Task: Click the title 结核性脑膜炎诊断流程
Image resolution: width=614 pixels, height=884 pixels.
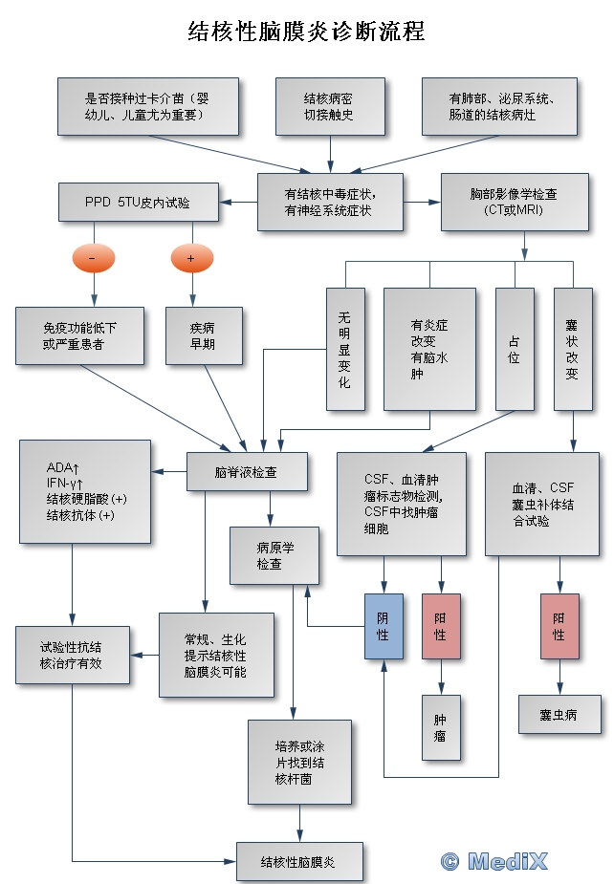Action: (x=306, y=32)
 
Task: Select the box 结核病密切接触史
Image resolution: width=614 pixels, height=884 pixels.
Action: (x=330, y=106)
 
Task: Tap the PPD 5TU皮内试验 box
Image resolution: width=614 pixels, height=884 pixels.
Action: (x=139, y=203)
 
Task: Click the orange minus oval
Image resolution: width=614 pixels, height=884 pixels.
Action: (x=92, y=258)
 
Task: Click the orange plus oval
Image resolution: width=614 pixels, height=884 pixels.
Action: (x=191, y=258)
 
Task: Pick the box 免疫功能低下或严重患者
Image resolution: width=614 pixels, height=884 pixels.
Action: (x=79, y=335)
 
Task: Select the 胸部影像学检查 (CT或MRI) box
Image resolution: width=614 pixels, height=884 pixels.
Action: (x=514, y=202)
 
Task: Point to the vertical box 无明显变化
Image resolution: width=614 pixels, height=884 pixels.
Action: (x=344, y=349)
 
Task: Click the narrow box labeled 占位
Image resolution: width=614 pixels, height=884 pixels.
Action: (x=515, y=349)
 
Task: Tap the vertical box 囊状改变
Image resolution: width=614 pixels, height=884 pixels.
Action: (x=572, y=349)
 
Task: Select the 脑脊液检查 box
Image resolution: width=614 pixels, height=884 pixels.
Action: (x=247, y=472)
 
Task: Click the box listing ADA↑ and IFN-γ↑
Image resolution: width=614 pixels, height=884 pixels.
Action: (x=85, y=491)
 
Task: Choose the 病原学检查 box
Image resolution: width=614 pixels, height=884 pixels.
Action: (x=274, y=556)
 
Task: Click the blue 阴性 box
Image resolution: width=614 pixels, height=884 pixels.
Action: (x=384, y=626)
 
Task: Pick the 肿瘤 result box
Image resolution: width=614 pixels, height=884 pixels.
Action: (x=441, y=728)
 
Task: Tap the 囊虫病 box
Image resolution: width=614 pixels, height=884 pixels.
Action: (x=559, y=714)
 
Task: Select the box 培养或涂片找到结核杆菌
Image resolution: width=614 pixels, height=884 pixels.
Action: (x=299, y=762)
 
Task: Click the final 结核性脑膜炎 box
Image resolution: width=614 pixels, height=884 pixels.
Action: (x=299, y=862)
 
